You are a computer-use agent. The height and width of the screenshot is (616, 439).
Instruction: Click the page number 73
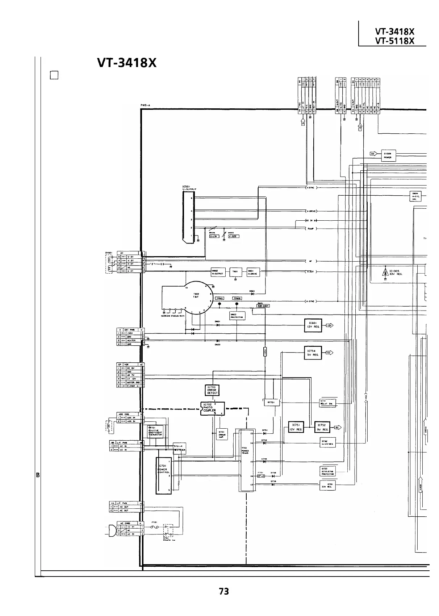(224, 591)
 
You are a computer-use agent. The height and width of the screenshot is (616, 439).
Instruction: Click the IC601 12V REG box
(313, 325)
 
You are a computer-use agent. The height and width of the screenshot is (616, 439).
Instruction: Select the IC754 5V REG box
(313, 353)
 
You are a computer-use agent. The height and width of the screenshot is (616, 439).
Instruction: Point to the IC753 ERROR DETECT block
(212, 390)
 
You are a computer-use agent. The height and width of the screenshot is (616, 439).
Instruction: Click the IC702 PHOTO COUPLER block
(212, 408)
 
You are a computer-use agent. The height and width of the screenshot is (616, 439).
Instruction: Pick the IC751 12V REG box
(296, 427)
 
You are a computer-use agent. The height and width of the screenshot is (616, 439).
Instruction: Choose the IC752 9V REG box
(322, 427)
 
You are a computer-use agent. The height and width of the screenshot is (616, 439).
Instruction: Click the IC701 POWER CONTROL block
(163, 475)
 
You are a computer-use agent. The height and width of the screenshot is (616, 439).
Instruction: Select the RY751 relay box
(271, 402)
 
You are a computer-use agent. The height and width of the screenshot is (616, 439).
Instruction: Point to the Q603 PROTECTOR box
(237, 316)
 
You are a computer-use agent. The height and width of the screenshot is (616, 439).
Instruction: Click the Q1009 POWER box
(388, 156)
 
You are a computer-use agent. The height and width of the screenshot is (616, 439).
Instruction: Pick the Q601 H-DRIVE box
(253, 272)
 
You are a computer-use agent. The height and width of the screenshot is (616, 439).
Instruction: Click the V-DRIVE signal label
(312, 211)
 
